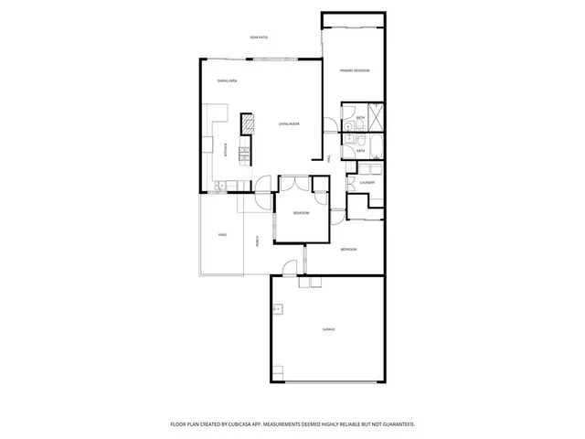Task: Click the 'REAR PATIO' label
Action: pos(259,37)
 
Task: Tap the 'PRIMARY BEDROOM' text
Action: pos(355,70)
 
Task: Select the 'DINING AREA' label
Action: pos(228,82)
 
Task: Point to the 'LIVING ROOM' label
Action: pos(289,123)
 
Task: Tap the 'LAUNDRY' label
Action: pos(367,183)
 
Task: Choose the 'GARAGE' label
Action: pos(327,329)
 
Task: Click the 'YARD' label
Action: pos(222,235)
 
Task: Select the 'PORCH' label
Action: pos(259,241)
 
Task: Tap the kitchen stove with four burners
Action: pos(244,155)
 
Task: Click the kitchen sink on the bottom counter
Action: pos(220,187)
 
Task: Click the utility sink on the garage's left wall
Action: pos(274,310)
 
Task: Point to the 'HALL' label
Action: pos(327,159)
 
